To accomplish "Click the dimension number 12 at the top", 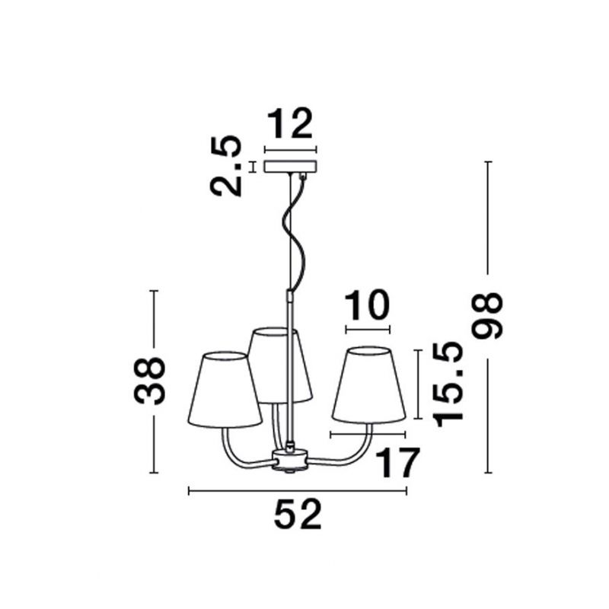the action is tap(290, 123).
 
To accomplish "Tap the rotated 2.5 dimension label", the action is tap(225, 166).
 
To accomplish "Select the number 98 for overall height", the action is tap(487, 316).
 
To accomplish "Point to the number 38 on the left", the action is tap(149, 381).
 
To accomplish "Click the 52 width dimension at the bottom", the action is tap(298, 515).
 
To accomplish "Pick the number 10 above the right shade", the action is tap(367, 305).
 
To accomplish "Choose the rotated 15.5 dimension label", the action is tap(448, 385).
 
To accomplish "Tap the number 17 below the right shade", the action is tap(397, 463).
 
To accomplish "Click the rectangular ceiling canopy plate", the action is tap(291, 167).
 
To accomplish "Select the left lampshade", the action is tap(225, 390).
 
